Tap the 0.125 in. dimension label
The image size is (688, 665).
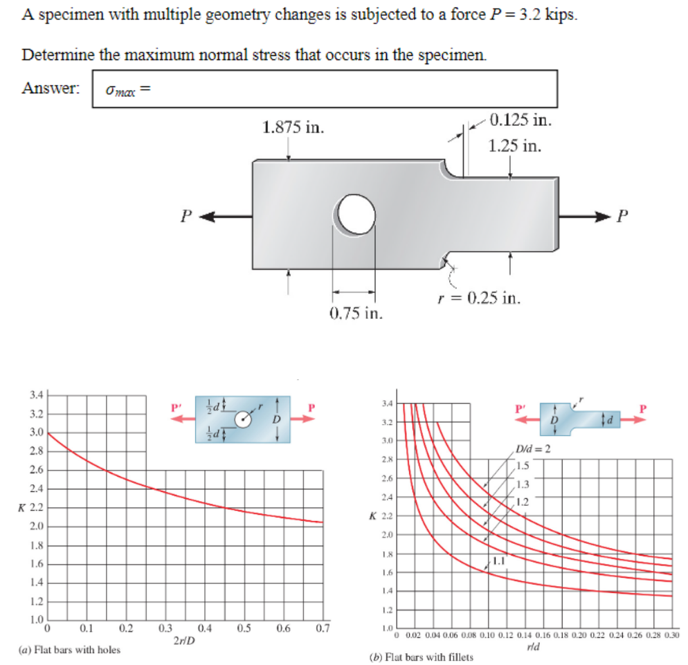[x=520, y=121]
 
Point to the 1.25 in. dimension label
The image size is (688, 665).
[x=514, y=146]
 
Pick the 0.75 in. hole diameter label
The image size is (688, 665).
[x=354, y=313]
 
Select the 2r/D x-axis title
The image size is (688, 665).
[x=183, y=640]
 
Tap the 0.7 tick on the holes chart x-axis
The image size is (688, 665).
[x=323, y=629]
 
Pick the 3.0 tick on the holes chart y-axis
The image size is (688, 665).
[x=35, y=432]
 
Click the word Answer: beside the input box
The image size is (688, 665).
[x=51, y=89]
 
